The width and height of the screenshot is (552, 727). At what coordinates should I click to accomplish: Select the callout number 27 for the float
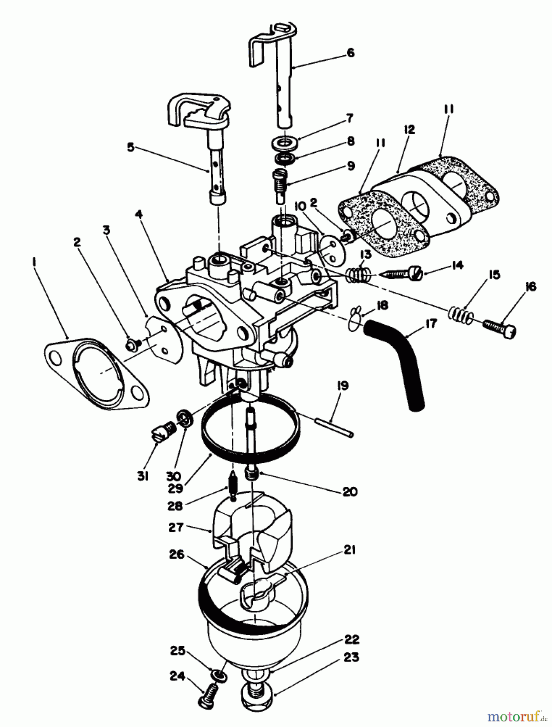[176, 527]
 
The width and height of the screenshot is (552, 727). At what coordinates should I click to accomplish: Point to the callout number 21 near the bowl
[349, 550]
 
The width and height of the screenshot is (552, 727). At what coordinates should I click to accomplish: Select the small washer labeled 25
[218, 675]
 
